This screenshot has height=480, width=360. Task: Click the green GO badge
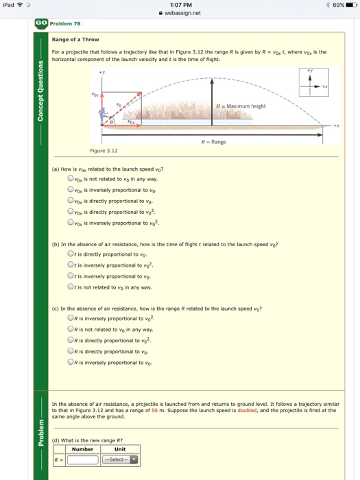(x=42, y=23)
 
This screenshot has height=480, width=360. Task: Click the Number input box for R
(x=83, y=460)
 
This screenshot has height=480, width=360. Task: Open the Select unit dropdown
(x=120, y=460)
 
